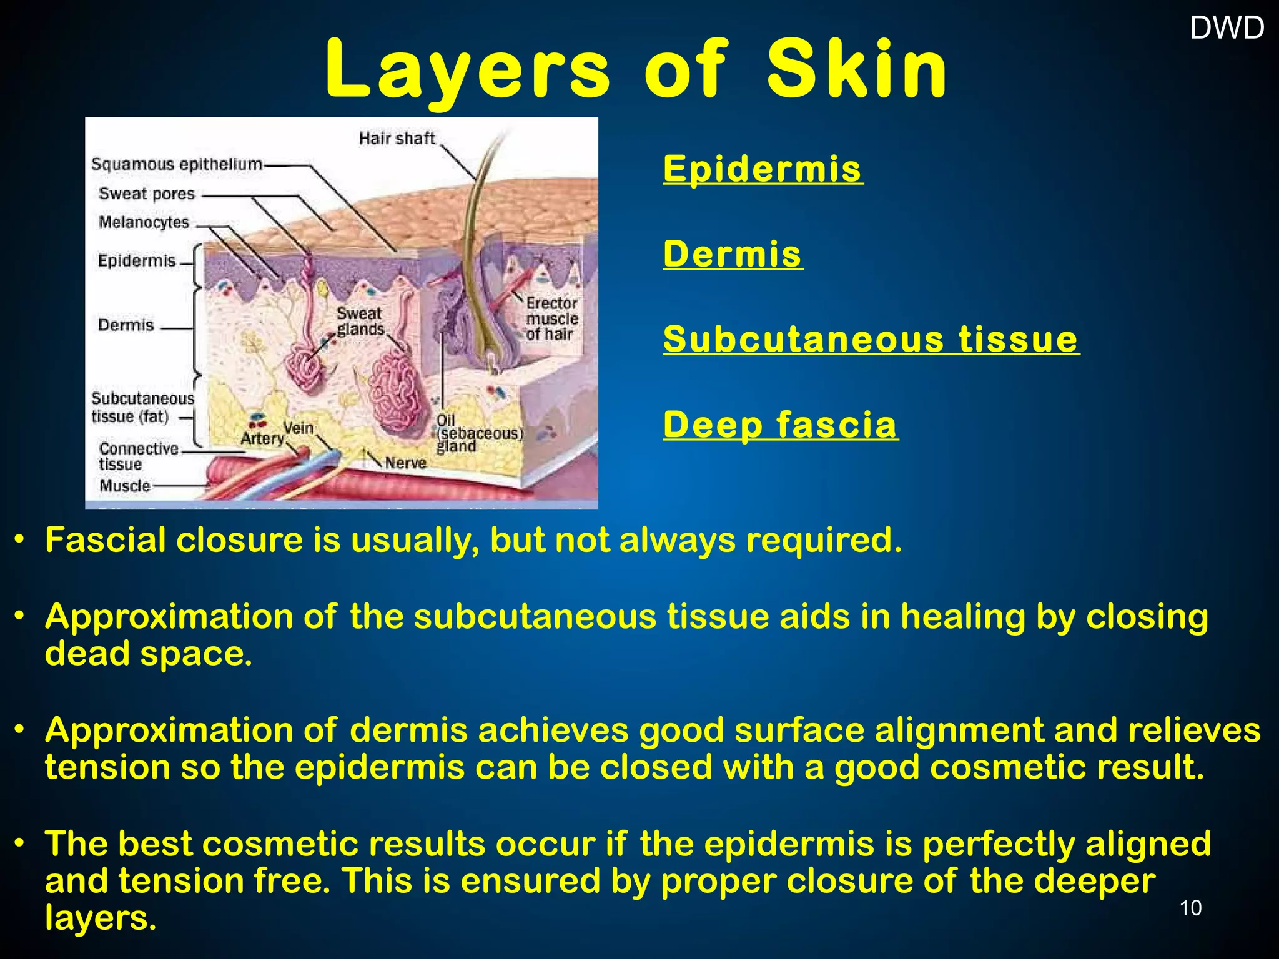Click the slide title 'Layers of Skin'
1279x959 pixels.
click(636, 70)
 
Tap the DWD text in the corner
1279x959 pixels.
click(1227, 28)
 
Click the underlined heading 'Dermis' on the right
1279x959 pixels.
click(733, 254)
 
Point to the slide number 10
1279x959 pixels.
click(1190, 908)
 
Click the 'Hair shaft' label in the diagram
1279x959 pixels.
click(397, 138)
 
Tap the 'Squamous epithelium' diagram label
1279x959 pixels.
click(177, 164)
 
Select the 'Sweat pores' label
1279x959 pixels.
click(147, 194)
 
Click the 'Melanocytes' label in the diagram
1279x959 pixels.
click(144, 222)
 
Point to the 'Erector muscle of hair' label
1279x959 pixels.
click(551, 318)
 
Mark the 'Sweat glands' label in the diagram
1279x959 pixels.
click(360, 321)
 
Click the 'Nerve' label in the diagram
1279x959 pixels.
click(405, 463)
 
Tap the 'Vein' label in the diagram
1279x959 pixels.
click(298, 428)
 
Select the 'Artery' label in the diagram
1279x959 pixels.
click(262, 439)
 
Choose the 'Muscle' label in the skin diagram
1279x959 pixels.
click(125, 486)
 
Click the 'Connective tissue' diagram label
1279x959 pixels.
click(138, 456)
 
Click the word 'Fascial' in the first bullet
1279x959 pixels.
click(105, 540)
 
